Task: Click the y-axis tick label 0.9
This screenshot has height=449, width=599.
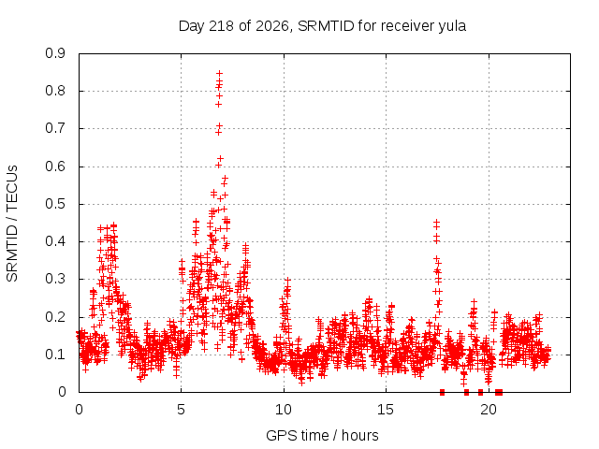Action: [x=55, y=53]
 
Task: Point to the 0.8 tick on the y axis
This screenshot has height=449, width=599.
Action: [x=55, y=91]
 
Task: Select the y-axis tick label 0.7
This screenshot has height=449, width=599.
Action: [x=55, y=129]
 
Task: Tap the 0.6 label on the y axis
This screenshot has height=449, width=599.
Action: [x=55, y=167]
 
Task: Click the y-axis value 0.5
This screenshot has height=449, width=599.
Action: [x=55, y=204]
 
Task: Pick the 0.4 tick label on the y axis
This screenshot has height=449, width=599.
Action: [x=55, y=241]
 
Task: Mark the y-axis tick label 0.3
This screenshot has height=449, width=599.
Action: [x=55, y=279]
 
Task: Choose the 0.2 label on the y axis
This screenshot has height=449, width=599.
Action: [x=55, y=317]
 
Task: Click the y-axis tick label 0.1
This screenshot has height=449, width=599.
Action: [x=55, y=355]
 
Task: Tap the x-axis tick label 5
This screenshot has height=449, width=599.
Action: [x=181, y=410]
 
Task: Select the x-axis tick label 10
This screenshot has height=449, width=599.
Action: [x=284, y=410]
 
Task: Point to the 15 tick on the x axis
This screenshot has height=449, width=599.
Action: [x=386, y=410]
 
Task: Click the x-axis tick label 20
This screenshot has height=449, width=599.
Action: [x=489, y=410]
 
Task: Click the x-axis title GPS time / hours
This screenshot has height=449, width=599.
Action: [x=322, y=435]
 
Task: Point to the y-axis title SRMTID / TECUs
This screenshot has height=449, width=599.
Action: [x=12, y=224]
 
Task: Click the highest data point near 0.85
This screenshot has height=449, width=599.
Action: [x=219, y=73]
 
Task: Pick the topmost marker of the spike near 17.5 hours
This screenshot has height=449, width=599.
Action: [x=436, y=222]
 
